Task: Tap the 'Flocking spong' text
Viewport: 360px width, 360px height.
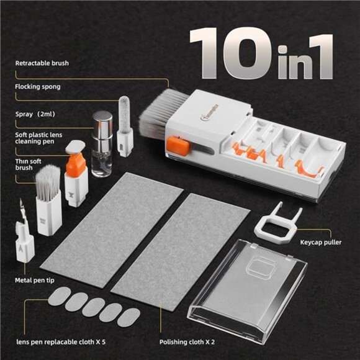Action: (38, 86)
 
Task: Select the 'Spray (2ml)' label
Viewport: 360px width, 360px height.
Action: (36, 115)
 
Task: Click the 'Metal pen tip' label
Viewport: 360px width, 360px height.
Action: (37, 280)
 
